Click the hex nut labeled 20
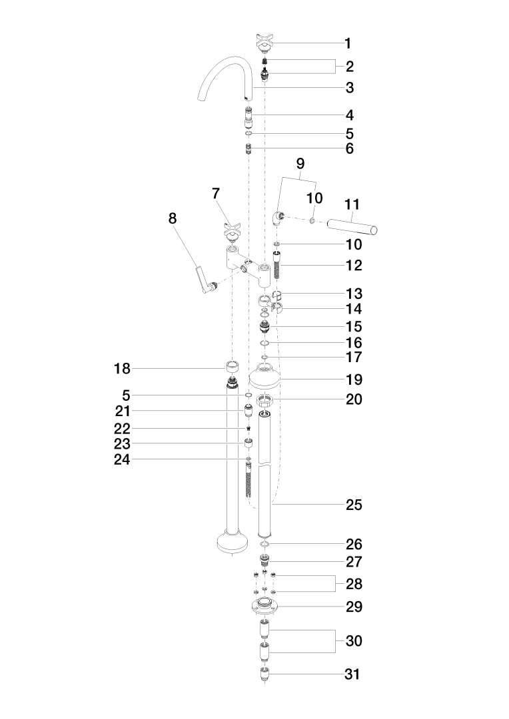pos(265,400)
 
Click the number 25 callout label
pos(354,505)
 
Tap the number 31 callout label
pos(352,674)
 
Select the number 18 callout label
pos(122,368)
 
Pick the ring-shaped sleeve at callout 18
pos(233,366)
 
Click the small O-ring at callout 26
pos(264,545)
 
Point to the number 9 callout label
pos(300,163)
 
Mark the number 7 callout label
pos(216,194)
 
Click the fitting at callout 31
pos(265,674)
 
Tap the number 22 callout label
pos(122,429)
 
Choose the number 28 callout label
pos(354,584)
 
